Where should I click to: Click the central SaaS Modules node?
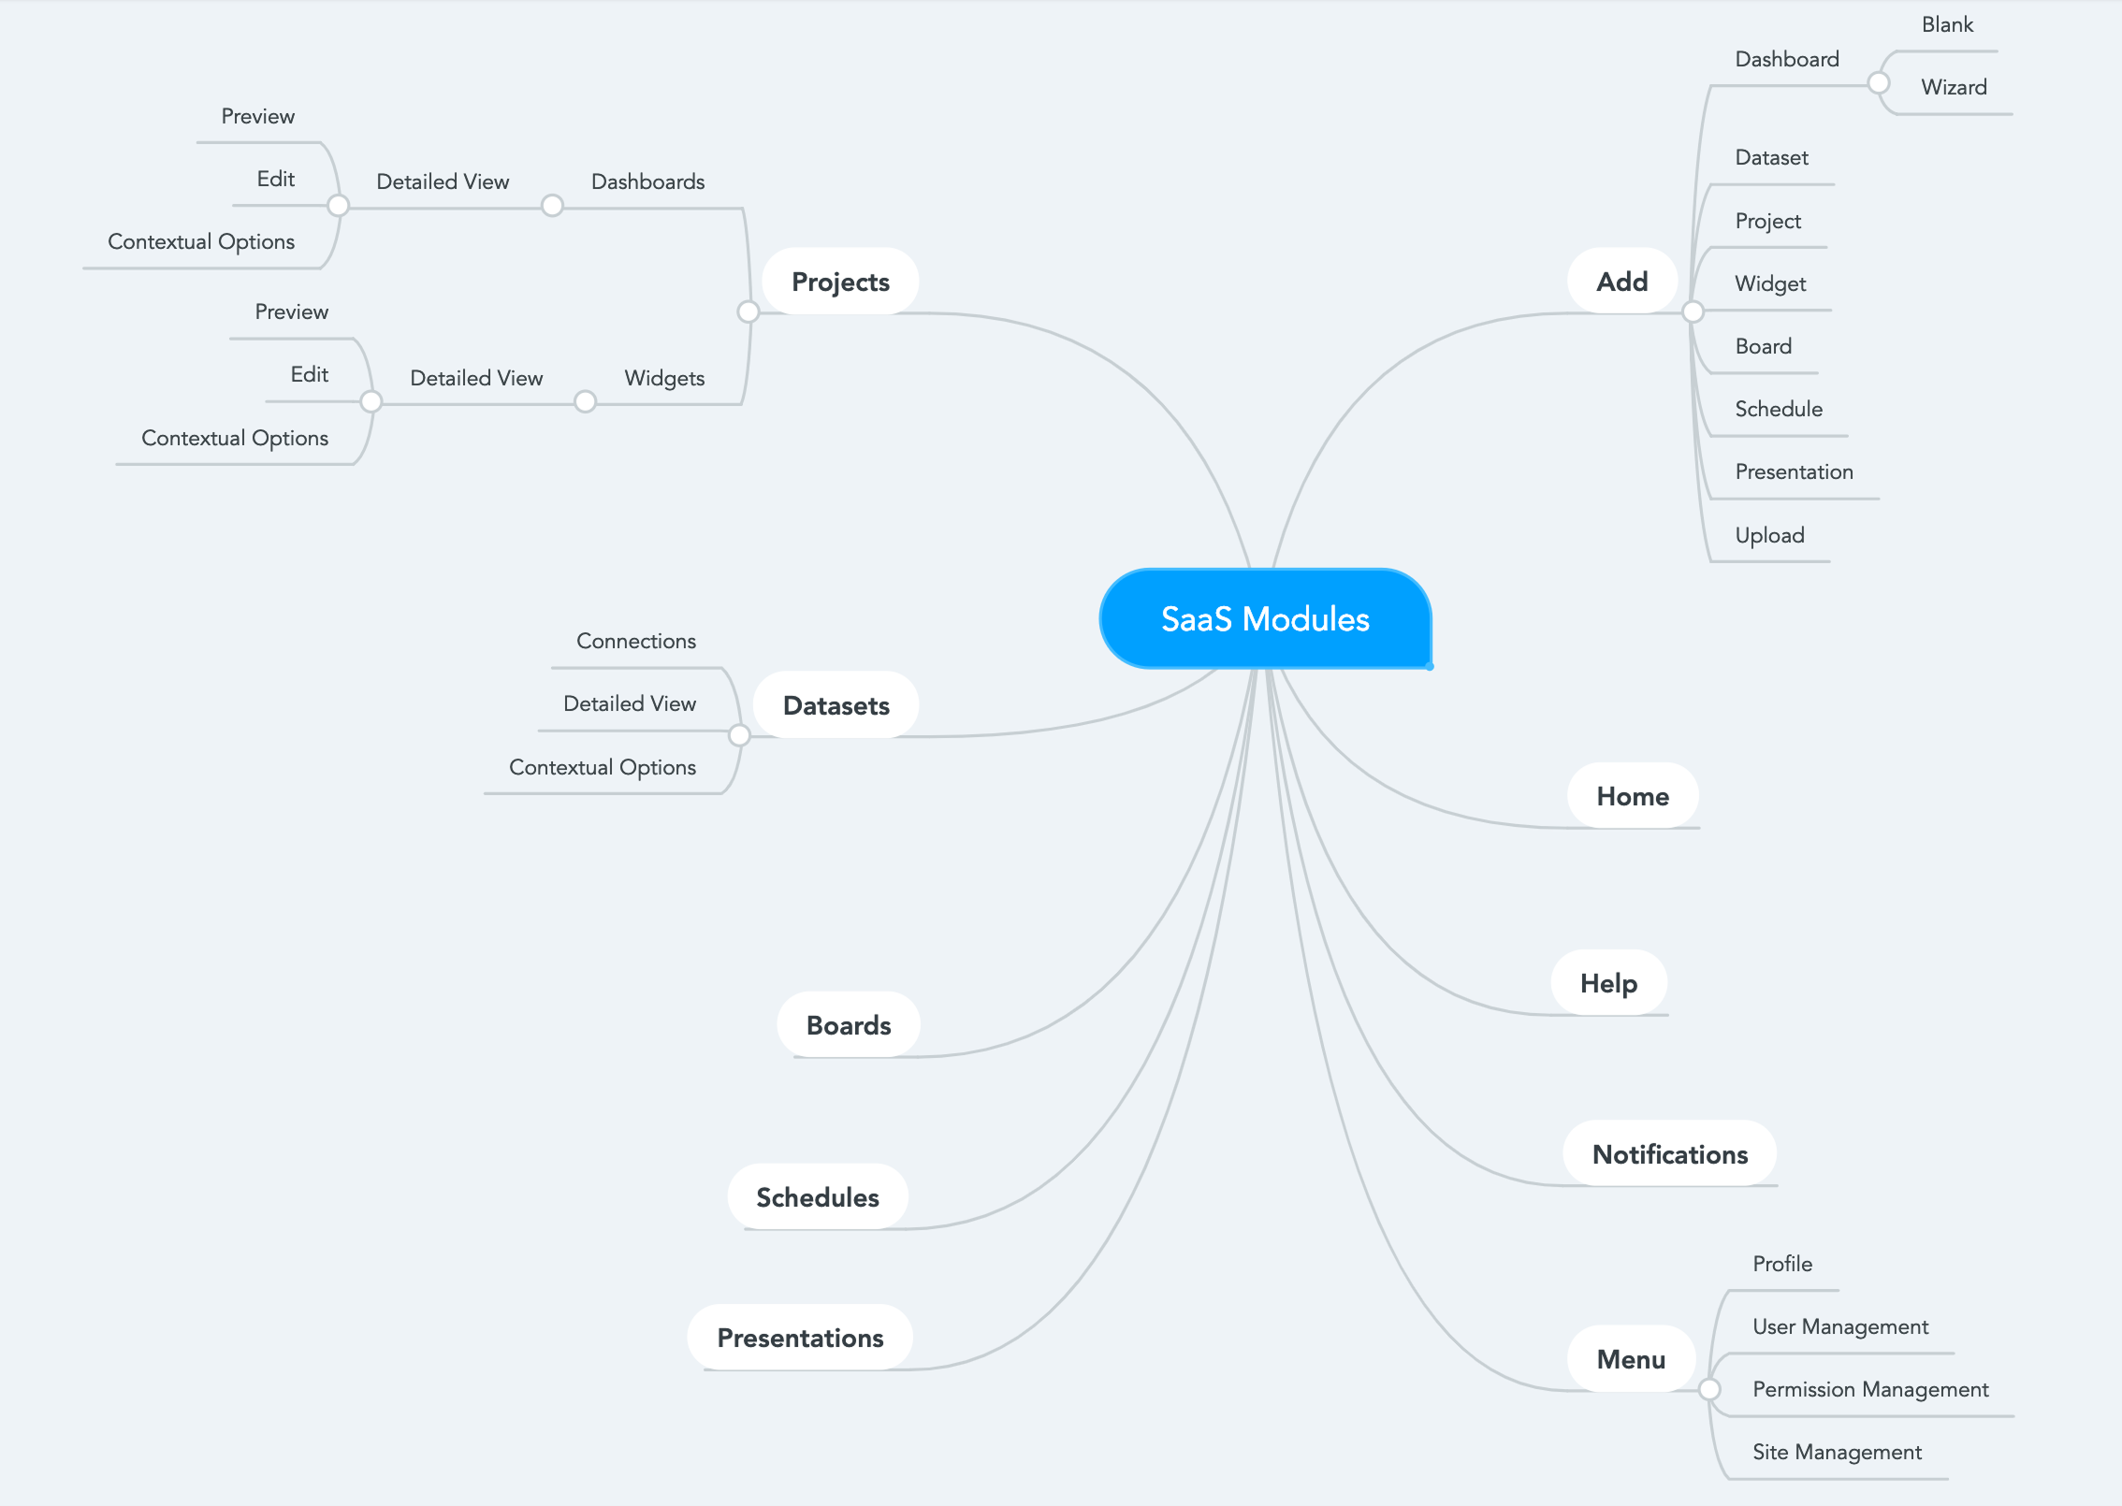[1265, 618]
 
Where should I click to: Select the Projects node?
[840, 282]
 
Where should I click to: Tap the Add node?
[1622, 282]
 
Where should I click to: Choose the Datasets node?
[836, 705]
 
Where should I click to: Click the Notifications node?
[1670, 1154]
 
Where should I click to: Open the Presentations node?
[800, 1338]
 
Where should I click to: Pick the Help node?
[1608, 983]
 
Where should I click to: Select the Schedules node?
[818, 1197]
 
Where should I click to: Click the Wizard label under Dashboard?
[1954, 87]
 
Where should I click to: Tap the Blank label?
[1947, 24]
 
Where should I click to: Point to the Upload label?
[1769, 535]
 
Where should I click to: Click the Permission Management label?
[1870, 1389]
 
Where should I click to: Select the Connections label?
[636, 641]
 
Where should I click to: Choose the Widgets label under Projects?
[664, 378]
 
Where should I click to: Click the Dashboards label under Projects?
[647, 181]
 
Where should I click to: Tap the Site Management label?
[1837, 1452]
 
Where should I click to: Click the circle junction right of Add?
[1693, 311]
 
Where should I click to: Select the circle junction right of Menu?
[1709, 1389]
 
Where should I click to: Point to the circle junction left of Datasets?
[739, 735]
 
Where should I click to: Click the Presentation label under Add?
[1794, 471]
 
